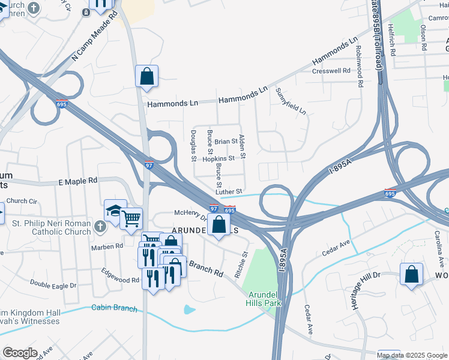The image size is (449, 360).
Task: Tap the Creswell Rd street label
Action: coord(331,71)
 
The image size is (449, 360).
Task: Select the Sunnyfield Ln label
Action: coord(291,102)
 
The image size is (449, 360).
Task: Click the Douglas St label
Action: coord(194,145)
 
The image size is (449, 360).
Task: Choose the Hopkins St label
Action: coord(218,158)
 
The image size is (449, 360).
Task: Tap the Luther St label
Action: coord(229,191)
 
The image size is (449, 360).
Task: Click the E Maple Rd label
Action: coord(77,181)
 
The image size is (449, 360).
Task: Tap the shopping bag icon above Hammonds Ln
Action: coord(146,76)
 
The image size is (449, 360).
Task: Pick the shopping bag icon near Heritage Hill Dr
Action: coord(411,274)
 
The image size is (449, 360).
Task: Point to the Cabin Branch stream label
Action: coord(114,308)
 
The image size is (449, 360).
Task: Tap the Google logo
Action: coord(20,352)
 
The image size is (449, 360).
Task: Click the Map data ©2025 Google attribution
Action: coord(412,355)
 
